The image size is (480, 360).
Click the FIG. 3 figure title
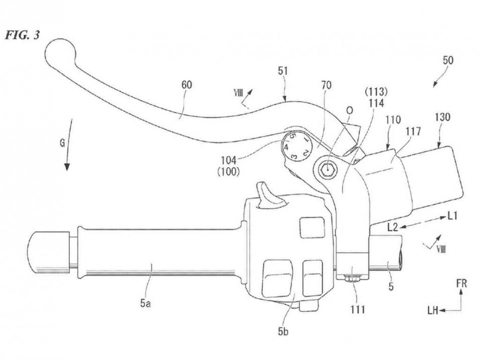click(x=23, y=35)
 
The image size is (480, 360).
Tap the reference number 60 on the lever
click(x=187, y=85)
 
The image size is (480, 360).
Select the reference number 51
click(x=283, y=71)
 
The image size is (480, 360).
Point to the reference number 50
click(x=448, y=60)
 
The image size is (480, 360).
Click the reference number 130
click(x=442, y=117)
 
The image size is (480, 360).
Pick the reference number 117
click(x=413, y=131)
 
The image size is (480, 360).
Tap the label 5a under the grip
click(x=145, y=303)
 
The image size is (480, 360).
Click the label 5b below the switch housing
click(x=283, y=331)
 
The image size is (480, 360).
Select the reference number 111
click(x=358, y=309)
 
